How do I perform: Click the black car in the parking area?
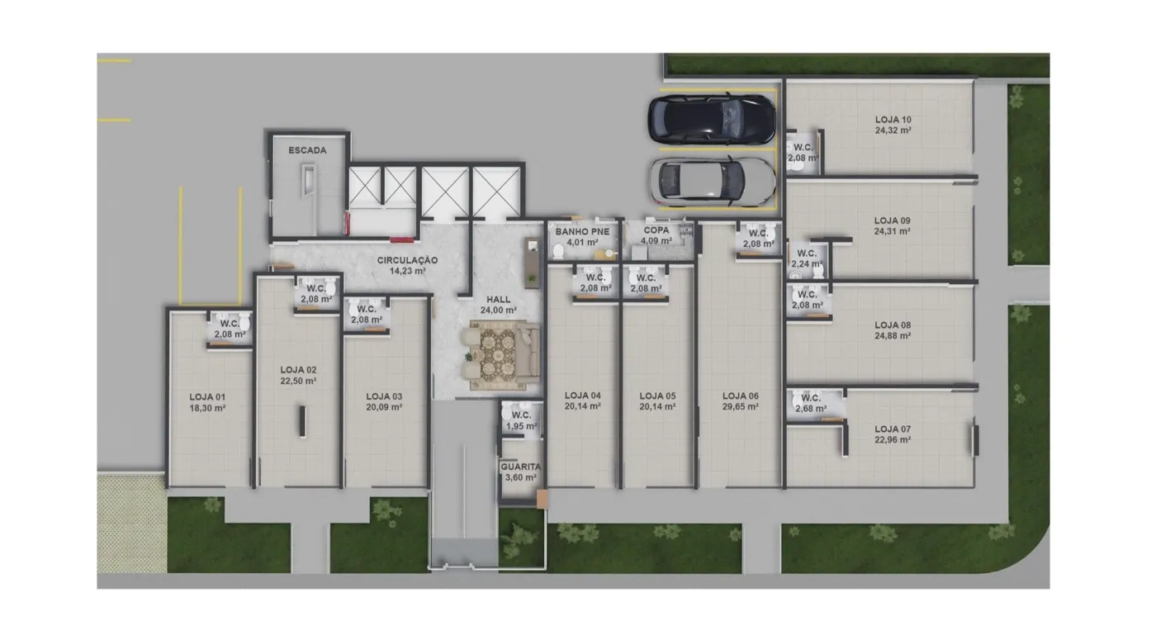pos(712,119)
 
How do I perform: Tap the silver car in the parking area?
pos(713,181)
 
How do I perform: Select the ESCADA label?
pos(307,150)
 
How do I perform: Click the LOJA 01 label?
pos(207,397)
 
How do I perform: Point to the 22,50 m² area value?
pos(298,381)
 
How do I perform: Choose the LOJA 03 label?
pos(384,396)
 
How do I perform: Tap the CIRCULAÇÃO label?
pos(407,260)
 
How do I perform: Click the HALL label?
pos(499,300)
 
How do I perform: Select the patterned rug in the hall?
pos(499,356)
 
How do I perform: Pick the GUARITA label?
pos(521,467)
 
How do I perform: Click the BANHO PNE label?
pos(582,232)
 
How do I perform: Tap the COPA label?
pos(656,230)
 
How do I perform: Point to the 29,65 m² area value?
pos(741,407)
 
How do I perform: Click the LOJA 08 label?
pos(893,325)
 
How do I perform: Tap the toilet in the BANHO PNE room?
pos(558,252)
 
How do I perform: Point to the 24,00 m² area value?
pos(499,310)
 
